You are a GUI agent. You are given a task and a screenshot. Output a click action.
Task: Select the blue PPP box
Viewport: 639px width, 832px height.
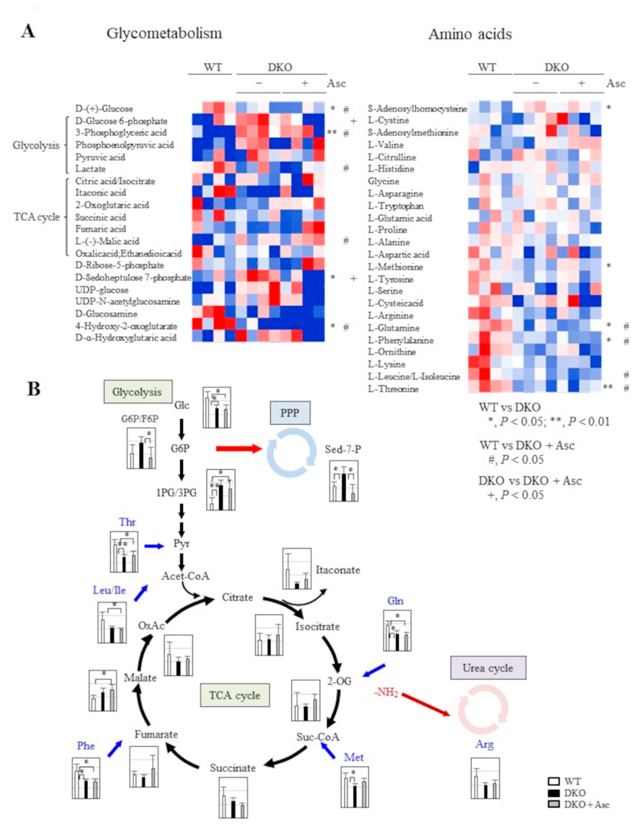pyautogui.click(x=290, y=413)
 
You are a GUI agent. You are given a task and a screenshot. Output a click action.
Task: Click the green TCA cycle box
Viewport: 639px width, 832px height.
pyautogui.click(x=235, y=695)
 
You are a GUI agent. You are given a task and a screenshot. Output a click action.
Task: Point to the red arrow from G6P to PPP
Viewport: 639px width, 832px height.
pyautogui.click(x=239, y=449)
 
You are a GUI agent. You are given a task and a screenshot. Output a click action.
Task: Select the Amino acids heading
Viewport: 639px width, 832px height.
pyautogui.click(x=470, y=34)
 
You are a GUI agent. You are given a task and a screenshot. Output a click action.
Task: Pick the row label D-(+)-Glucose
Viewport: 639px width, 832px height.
pyautogui.click(x=104, y=109)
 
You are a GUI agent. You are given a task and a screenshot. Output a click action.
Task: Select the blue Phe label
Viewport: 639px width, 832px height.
pyautogui.click(x=86, y=746)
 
